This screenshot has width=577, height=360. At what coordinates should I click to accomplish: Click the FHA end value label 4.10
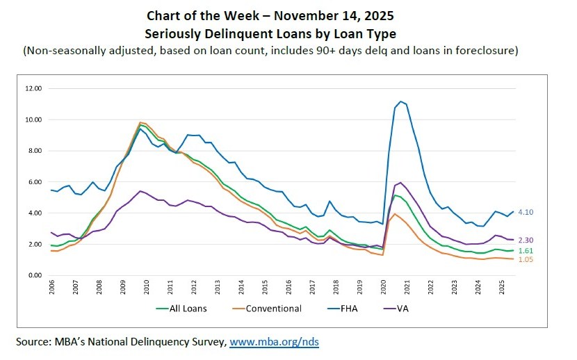coord(527,213)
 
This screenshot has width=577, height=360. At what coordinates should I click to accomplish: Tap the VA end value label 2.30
coord(527,240)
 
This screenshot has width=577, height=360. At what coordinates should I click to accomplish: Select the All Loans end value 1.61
coord(527,250)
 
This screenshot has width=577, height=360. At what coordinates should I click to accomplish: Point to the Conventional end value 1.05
coord(527,260)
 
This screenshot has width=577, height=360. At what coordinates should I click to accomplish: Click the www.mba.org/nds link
coord(274,342)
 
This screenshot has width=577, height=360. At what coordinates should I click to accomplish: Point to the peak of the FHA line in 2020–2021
coord(400,101)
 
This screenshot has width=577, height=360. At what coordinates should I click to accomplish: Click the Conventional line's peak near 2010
coord(140,122)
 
